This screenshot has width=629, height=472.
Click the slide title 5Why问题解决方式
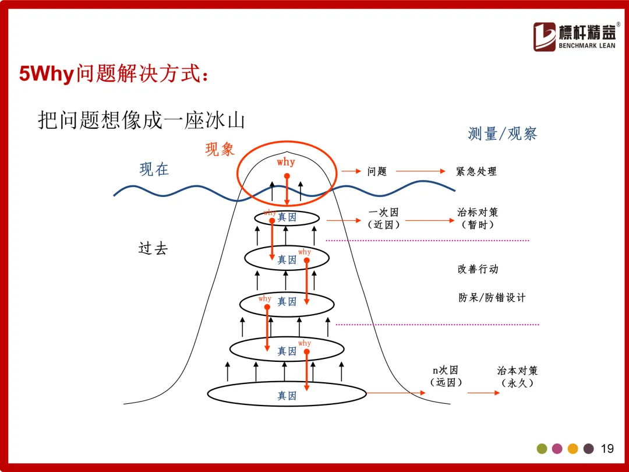pyautogui.click(x=114, y=75)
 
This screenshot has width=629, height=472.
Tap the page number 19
pyautogui.click(x=607, y=449)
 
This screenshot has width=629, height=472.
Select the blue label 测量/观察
pyautogui.click(x=502, y=133)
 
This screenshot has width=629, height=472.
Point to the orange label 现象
pyautogui.click(x=220, y=150)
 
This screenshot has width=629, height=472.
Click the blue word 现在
pyautogui.click(x=154, y=170)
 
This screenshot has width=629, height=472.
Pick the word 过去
pyautogui.click(x=153, y=249)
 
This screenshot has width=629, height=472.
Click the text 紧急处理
pyautogui.click(x=476, y=171)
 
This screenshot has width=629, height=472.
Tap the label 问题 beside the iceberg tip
pyautogui.click(x=377, y=171)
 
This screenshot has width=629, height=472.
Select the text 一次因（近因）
pyautogui.click(x=383, y=218)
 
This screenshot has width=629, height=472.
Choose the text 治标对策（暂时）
pyautogui.click(x=478, y=218)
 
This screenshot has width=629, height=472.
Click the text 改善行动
pyautogui.click(x=478, y=269)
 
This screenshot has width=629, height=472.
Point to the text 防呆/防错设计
pyautogui.click(x=492, y=297)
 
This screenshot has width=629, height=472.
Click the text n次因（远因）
pyautogui.click(x=446, y=376)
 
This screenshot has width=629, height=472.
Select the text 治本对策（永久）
pyautogui.click(x=517, y=376)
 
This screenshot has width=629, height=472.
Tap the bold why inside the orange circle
pyautogui.click(x=286, y=162)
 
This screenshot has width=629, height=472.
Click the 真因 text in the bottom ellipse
pyautogui.click(x=287, y=396)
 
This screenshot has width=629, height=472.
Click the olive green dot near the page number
pyautogui.click(x=542, y=449)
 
